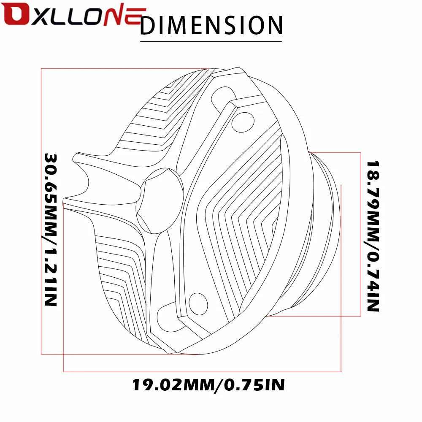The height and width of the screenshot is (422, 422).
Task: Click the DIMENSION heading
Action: [x=211, y=25]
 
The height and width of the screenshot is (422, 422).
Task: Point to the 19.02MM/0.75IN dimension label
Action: [x=208, y=384]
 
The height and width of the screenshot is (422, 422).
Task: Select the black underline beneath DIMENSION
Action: [x=211, y=42]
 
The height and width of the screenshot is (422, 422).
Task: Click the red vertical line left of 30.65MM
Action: [x=41, y=211]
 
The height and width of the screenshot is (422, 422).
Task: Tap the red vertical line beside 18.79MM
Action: [x=360, y=234]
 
